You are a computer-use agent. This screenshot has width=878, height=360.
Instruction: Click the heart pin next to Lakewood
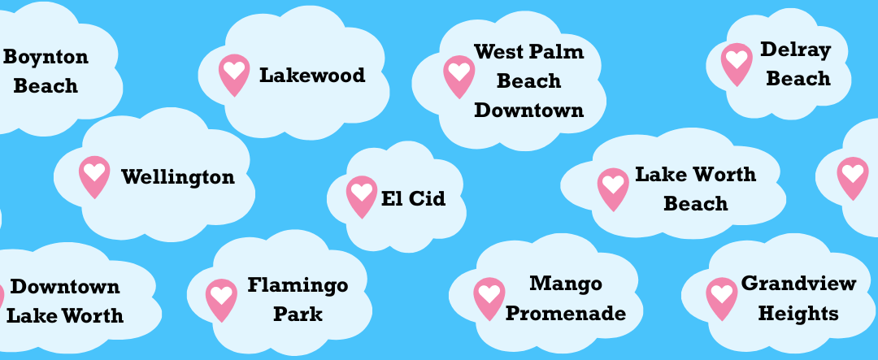234,75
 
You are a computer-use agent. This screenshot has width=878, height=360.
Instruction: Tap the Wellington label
178,177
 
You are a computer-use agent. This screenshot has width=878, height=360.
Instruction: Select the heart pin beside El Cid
362,197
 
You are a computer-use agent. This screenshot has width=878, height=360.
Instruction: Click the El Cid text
413,199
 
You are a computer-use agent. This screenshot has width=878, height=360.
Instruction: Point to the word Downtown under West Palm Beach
529,110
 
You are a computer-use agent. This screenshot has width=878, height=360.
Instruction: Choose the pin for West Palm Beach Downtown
459,76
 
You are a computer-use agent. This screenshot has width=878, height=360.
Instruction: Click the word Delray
795,50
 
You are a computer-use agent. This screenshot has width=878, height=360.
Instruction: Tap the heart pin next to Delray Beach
737,64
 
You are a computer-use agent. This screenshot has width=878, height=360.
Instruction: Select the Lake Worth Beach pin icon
613,189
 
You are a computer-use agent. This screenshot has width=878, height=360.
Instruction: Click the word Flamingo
298,286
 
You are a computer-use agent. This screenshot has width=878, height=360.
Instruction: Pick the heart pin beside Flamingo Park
221,300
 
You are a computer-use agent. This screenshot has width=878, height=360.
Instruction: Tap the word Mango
566,284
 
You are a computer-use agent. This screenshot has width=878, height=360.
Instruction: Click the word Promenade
566,313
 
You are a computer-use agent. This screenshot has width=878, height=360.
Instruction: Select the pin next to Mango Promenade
489,299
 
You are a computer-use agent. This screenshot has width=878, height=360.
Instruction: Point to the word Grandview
798,284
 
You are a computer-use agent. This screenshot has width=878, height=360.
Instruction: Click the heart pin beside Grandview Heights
722,299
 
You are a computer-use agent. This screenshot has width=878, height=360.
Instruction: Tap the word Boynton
46,58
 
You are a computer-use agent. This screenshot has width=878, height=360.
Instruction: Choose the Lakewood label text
312,75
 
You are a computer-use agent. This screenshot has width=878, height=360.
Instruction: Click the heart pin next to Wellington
94,177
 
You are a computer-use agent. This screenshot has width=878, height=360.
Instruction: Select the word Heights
798,313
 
